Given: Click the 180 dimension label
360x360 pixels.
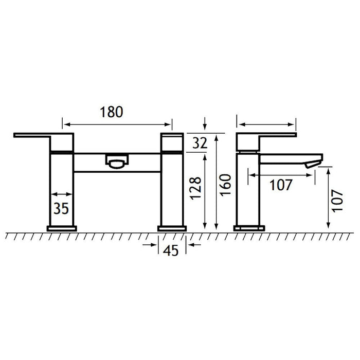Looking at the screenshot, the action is (x=112, y=112).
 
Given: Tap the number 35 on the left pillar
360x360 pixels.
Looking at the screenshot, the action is (x=61, y=208).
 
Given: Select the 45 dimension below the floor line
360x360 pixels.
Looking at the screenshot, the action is (x=171, y=250).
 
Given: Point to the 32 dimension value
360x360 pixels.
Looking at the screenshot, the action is (x=200, y=143).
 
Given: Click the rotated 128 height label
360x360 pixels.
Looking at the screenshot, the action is (x=196, y=188).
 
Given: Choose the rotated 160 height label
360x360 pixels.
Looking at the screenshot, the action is (x=225, y=185).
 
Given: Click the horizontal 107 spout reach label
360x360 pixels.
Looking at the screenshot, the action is (x=281, y=185).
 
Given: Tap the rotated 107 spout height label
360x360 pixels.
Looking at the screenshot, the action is (x=337, y=201).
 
